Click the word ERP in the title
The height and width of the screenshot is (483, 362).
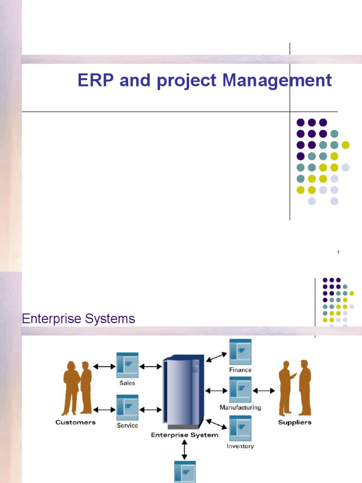(96, 80)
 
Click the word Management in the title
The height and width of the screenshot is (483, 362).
(278, 80)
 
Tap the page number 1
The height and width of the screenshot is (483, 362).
(338, 253)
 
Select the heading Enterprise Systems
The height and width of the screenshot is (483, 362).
(78, 319)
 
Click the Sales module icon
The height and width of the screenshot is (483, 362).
(127, 365)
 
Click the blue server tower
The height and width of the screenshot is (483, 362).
(183, 391)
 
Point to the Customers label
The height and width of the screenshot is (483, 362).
(75, 422)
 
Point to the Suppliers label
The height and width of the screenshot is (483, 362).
(295, 422)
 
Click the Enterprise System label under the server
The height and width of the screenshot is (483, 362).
(184, 435)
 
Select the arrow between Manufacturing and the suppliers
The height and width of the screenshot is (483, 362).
(264, 391)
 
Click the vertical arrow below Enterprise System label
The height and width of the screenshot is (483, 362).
(184, 450)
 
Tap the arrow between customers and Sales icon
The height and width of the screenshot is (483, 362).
(104, 366)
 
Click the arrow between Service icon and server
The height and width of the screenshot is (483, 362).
(151, 409)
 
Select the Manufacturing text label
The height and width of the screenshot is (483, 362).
(240, 408)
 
